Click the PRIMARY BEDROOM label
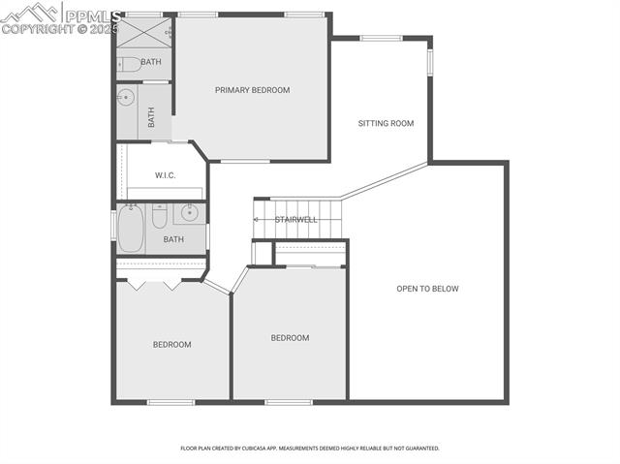tap(252, 90)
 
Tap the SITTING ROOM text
tap(386, 123)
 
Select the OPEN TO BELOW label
tap(427, 289)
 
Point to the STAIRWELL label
tap(295, 220)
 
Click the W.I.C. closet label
tap(165, 176)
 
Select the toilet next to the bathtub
tap(161, 215)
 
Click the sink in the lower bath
tap(190, 214)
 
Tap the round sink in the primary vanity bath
tap(125, 98)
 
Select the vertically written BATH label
tap(151, 117)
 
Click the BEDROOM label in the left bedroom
tap(171, 344)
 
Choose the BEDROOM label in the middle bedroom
tap(289, 338)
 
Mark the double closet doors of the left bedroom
tap(158, 284)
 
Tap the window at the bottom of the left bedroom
tap(171, 401)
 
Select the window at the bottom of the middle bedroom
tap(288, 401)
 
